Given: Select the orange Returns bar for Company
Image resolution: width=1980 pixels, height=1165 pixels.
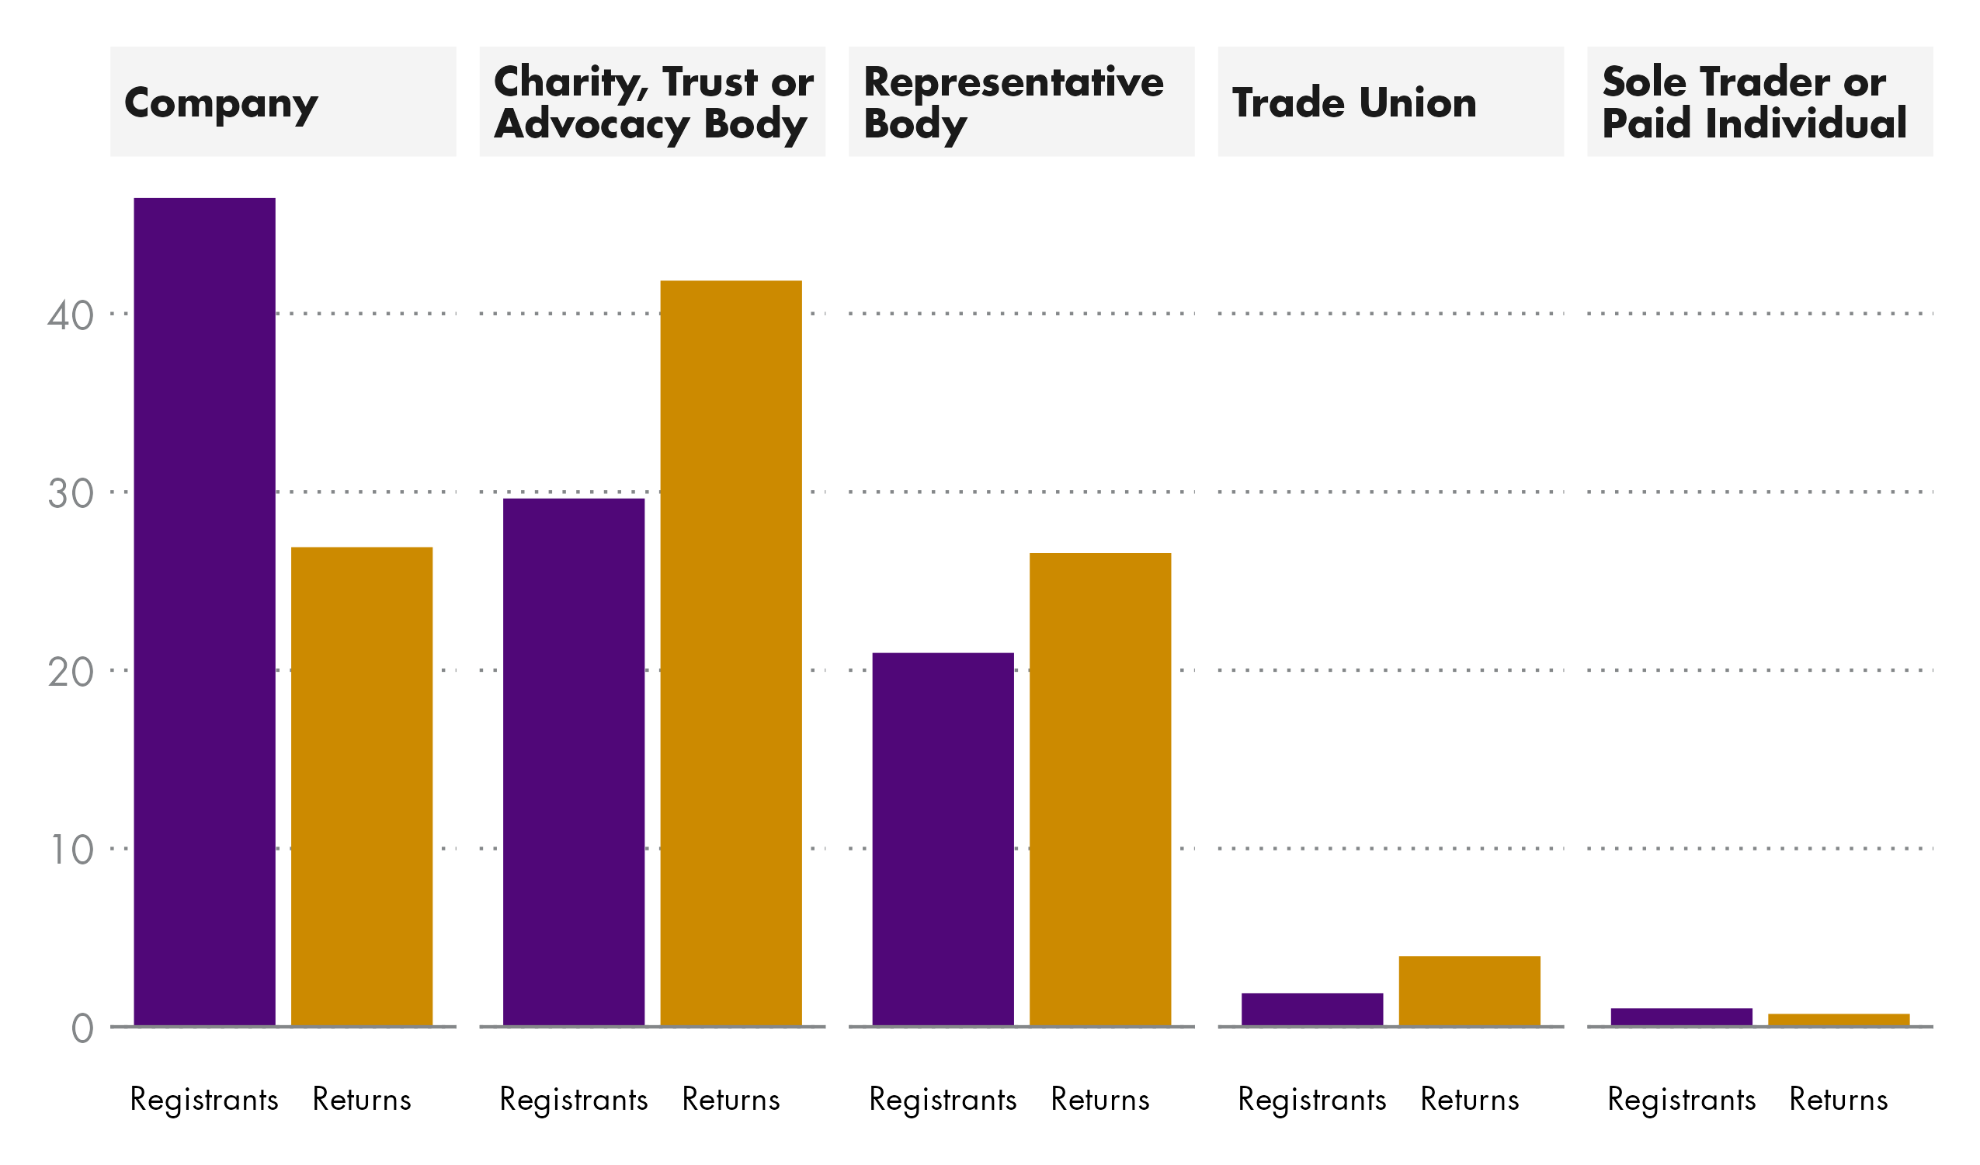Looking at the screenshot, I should (361, 786).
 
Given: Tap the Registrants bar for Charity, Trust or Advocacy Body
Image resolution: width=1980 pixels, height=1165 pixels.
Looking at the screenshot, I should (574, 762).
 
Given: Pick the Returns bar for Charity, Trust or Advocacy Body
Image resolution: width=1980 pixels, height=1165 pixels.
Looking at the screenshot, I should (731, 652).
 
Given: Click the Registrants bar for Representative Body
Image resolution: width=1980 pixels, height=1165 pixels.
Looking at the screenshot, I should (943, 839).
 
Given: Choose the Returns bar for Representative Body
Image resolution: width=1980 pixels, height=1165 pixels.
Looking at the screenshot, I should (1100, 789).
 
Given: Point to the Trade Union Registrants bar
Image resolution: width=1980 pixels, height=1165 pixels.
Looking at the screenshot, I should (1312, 1010).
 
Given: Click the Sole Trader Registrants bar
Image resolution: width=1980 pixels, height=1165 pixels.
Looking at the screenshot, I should (1681, 1017).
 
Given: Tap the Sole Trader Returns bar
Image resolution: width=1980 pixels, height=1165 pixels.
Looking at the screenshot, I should (1839, 1020).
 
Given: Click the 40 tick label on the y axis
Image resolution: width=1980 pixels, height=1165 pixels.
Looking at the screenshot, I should (70, 316).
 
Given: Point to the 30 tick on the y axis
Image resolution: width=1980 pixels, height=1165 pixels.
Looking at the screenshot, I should (70, 495).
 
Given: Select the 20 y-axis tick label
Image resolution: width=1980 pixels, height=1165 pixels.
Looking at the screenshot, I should (70, 673).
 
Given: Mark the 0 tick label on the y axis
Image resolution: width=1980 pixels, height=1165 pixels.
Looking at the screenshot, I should (82, 1030).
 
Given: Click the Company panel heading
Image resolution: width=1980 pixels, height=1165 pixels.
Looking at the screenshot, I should (221, 103).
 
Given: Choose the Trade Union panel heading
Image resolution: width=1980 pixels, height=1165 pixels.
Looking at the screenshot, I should (1354, 103).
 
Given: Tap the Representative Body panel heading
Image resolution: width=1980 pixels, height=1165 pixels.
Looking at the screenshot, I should (1013, 103).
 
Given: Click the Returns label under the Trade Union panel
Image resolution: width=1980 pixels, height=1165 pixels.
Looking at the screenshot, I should (1469, 1100).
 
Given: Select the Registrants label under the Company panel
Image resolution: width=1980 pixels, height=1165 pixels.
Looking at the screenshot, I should (204, 1100).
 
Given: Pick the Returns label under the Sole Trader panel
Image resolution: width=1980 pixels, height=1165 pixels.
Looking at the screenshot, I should (1839, 1100).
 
